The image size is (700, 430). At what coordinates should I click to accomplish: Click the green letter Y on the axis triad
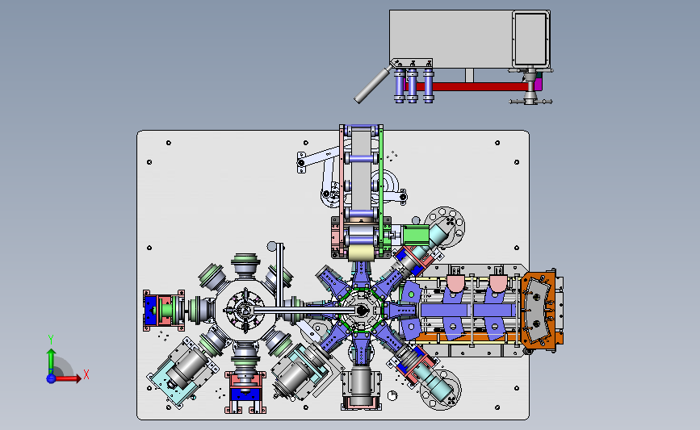coord(51,340)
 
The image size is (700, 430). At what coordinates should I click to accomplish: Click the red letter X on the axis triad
coord(86,374)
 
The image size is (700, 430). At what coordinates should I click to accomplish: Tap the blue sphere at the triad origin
coord(51,378)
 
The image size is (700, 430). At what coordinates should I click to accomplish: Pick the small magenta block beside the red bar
coord(539,84)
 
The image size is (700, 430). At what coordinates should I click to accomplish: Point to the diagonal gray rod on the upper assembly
coord(373,85)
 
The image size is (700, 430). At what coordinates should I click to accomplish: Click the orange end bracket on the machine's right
coord(542,310)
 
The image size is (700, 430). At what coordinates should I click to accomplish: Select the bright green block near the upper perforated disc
coord(415,235)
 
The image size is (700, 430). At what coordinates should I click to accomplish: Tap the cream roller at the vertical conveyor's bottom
coord(361,254)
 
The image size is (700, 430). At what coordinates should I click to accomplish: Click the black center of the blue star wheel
coord(361,310)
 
